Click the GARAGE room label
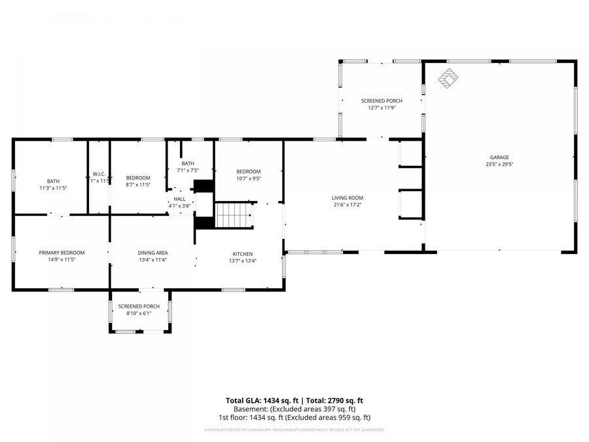tap(499, 157)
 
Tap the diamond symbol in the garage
tap(448, 78)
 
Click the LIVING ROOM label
tap(347, 198)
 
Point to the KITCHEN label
tap(242, 254)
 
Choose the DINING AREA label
tap(152, 253)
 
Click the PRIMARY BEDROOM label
tap(62, 253)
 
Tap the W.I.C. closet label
tap(99, 174)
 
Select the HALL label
tap(179, 199)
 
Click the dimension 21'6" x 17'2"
tap(347, 205)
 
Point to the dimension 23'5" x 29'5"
tap(499, 164)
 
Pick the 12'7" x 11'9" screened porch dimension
tap(382, 108)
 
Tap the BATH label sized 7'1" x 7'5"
tap(188, 164)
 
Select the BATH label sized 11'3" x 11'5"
tap(53, 181)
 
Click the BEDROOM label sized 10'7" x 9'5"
tap(249, 172)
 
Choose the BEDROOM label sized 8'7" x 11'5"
tap(138, 178)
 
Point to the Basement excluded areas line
tap(294, 409)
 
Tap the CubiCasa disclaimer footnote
tap(294, 430)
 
